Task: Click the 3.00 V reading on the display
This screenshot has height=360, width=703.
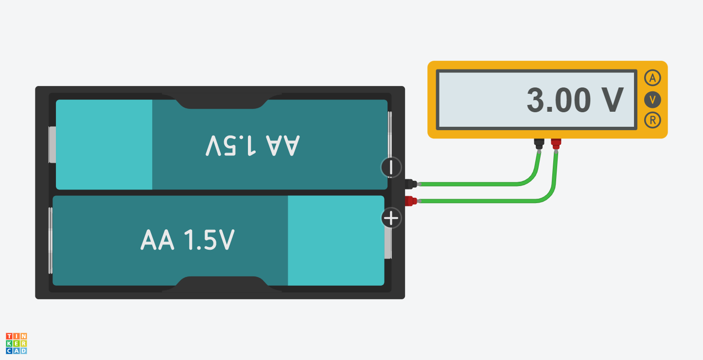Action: click(575, 101)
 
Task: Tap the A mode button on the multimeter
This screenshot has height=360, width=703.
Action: click(652, 78)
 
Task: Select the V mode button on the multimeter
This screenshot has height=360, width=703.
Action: click(652, 100)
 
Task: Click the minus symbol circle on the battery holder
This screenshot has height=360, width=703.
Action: click(391, 168)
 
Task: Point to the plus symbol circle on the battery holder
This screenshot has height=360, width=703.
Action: click(391, 218)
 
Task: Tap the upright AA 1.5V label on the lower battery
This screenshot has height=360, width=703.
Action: click(188, 240)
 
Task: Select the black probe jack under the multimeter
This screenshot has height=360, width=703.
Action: click(539, 144)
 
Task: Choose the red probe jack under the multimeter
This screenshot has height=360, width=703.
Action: click(556, 144)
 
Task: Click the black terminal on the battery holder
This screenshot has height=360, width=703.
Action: click(411, 184)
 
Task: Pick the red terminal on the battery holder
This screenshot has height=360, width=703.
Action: click(411, 200)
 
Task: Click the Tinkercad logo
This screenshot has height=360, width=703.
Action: click(17, 343)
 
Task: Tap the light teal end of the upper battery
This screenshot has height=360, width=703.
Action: click(104, 144)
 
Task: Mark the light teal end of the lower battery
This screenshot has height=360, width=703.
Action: click(335, 240)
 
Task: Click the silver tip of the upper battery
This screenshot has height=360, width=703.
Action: click(53, 145)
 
